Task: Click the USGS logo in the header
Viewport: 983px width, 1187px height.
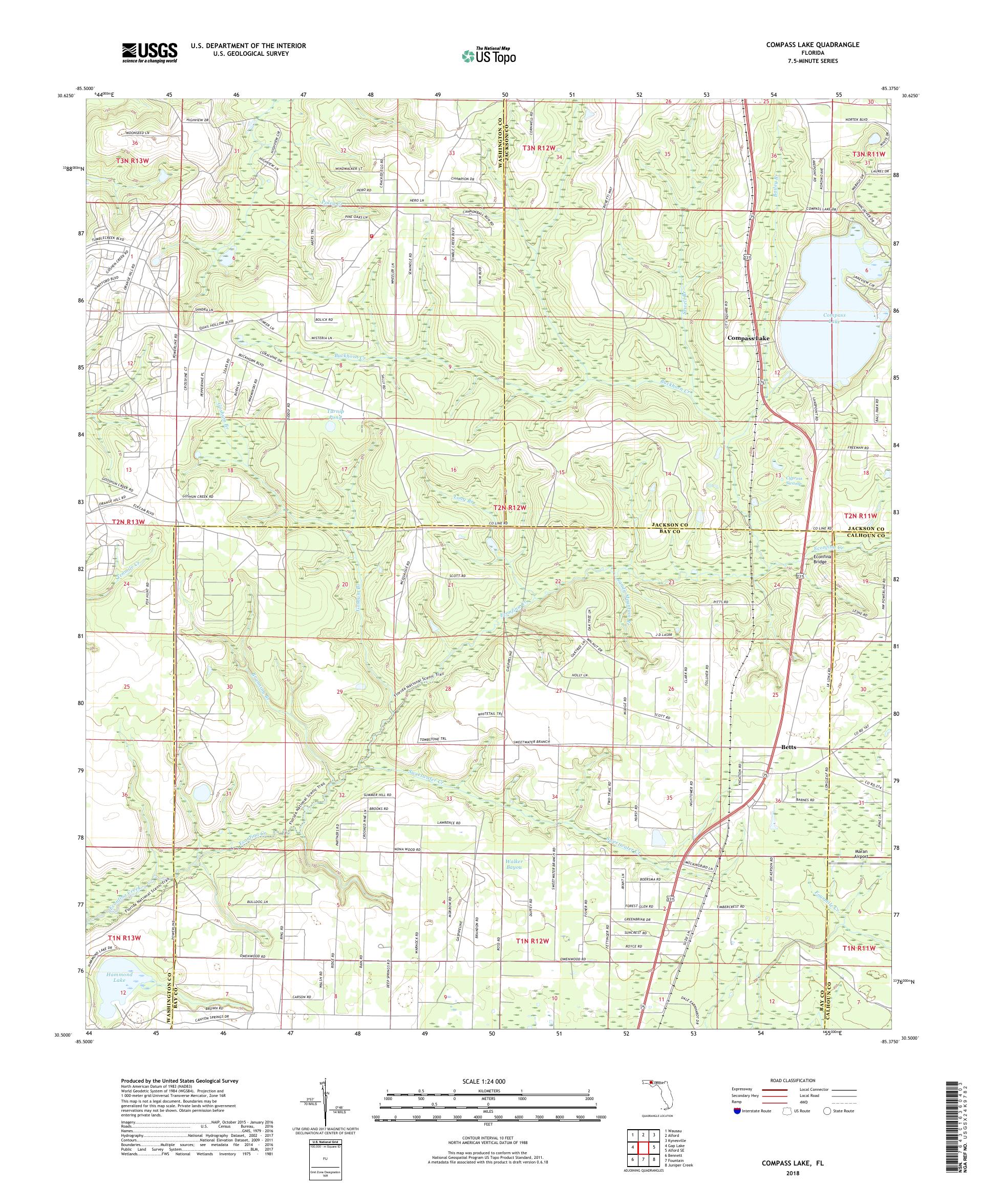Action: coord(149,53)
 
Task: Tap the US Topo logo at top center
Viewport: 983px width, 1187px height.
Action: coord(489,55)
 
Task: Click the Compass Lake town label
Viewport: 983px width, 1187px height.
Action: coord(747,339)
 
